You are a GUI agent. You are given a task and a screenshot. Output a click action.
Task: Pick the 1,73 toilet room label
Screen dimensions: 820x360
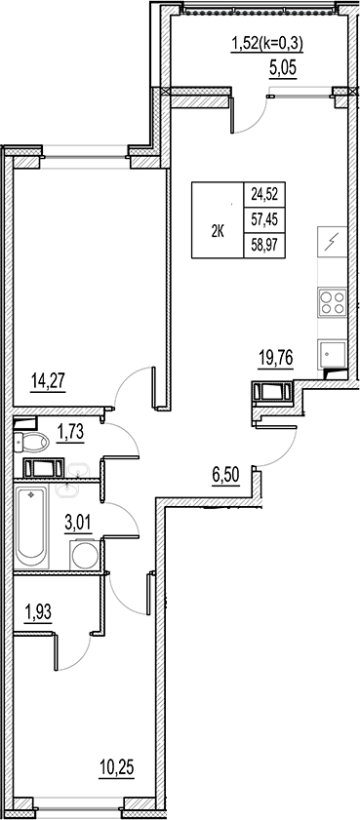[x=69, y=432]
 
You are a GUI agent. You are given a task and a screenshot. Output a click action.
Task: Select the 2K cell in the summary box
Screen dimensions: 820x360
[x=218, y=231]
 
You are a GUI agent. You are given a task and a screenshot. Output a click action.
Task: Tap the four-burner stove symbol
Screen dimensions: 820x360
[x=333, y=301]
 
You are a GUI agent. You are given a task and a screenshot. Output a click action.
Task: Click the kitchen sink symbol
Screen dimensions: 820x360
[x=332, y=353]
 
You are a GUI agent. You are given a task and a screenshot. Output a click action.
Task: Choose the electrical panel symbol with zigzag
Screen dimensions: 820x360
[x=332, y=242]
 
